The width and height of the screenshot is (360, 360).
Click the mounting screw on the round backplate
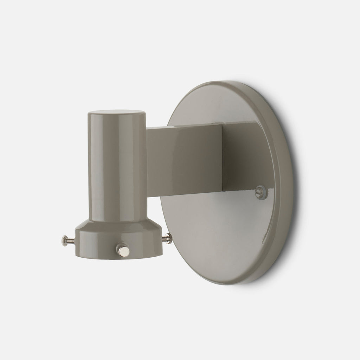(x=261, y=190)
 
